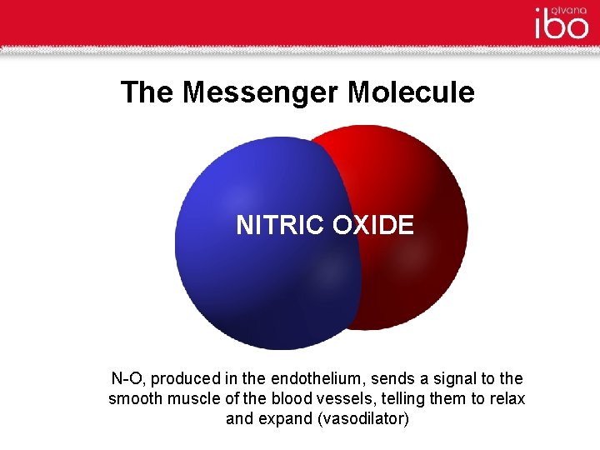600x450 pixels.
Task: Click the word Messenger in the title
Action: point(262,92)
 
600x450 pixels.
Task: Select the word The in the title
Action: point(147,92)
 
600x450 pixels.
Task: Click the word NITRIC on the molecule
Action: point(280,226)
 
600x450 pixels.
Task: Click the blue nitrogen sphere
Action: point(250,283)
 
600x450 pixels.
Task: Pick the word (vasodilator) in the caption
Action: point(363,418)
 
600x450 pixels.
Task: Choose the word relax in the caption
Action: point(507,398)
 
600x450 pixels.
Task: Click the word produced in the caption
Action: point(189,378)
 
